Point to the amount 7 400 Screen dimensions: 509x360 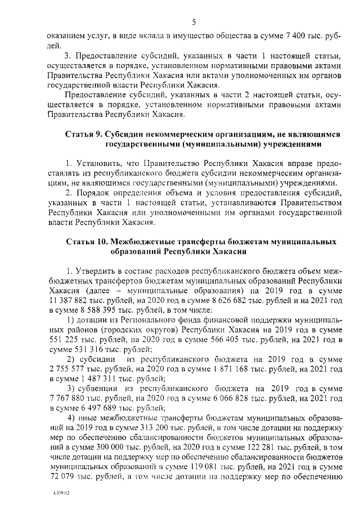pyautogui.click(x=298, y=35)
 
